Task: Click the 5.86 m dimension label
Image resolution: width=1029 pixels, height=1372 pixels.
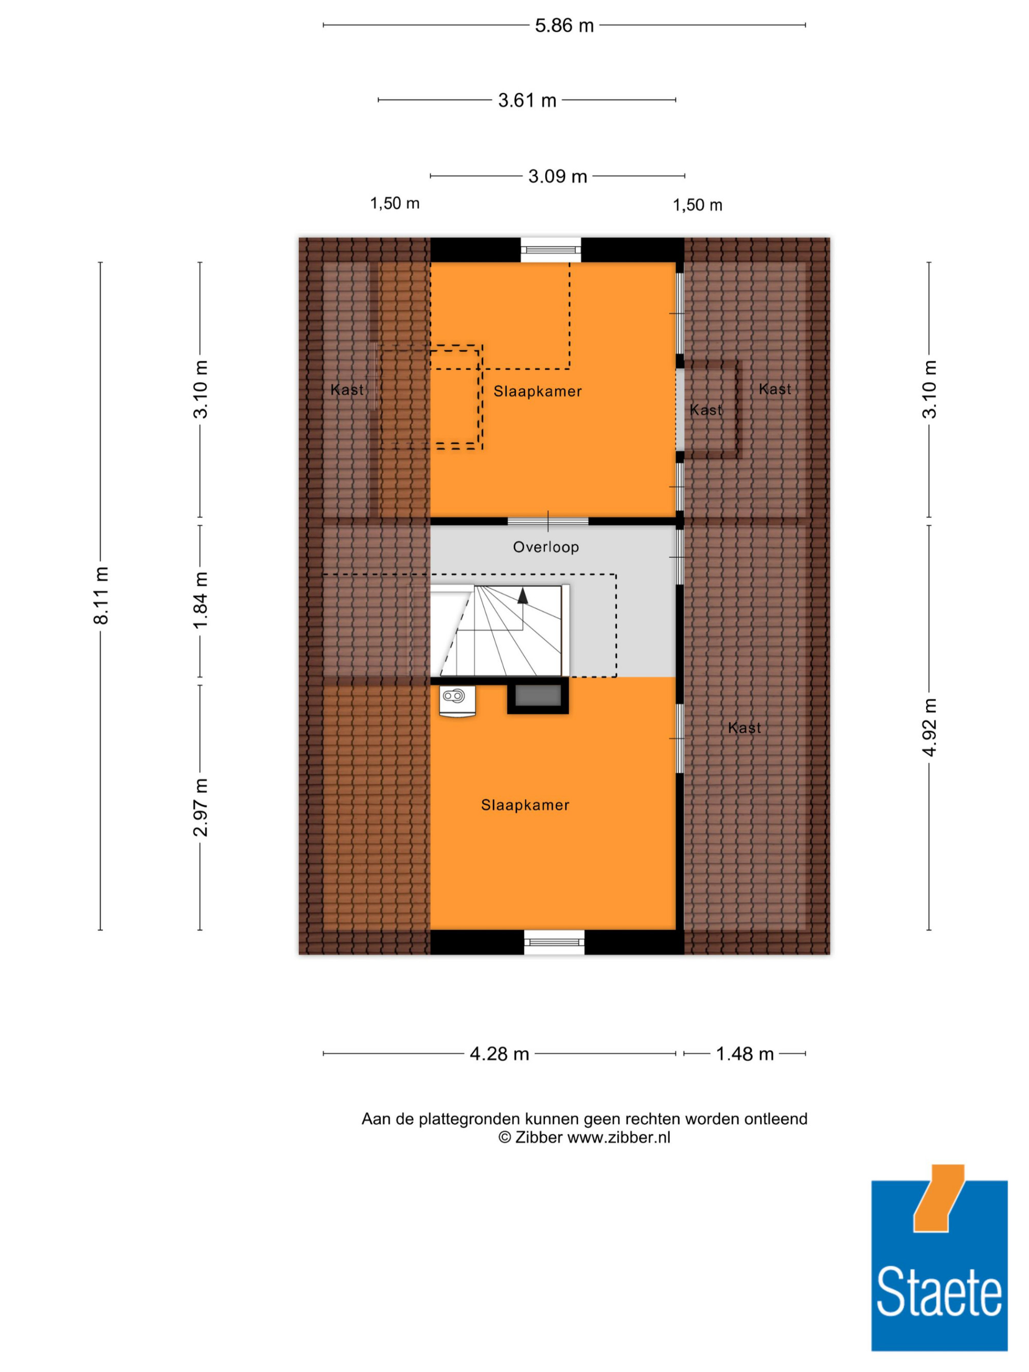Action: [x=564, y=25]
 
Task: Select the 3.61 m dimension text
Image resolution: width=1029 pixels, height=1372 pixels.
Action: [x=527, y=100]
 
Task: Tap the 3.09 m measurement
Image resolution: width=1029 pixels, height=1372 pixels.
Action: [x=557, y=176]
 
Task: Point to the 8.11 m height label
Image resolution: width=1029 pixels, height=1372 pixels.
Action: [x=100, y=595]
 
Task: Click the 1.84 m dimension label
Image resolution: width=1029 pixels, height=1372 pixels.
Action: [x=200, y=600]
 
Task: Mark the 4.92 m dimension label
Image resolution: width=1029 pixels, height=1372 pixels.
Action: [x=929, y=726]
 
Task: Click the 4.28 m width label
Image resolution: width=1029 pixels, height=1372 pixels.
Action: [x=499, y=1054]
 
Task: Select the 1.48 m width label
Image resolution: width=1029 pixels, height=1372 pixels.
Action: [x=744, y=1054]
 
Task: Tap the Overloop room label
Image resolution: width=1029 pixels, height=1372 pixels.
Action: [x=546, y=547]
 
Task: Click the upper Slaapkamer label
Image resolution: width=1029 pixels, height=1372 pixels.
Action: [x=537, y=391]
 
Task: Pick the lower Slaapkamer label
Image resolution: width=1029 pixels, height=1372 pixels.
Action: [x=525, y=805]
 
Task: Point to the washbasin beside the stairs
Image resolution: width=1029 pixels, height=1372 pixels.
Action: [x=457, y=701]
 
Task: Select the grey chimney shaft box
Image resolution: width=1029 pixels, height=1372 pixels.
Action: [x=538, y=696]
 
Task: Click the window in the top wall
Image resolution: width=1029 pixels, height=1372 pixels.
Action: [x=551, y=250]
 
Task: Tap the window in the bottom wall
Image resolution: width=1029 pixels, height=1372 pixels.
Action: [x=554, y=941]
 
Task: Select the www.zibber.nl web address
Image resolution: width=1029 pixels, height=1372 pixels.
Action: [x=618, y=1137]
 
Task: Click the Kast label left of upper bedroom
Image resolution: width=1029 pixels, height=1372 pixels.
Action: [x=347, y=389]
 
